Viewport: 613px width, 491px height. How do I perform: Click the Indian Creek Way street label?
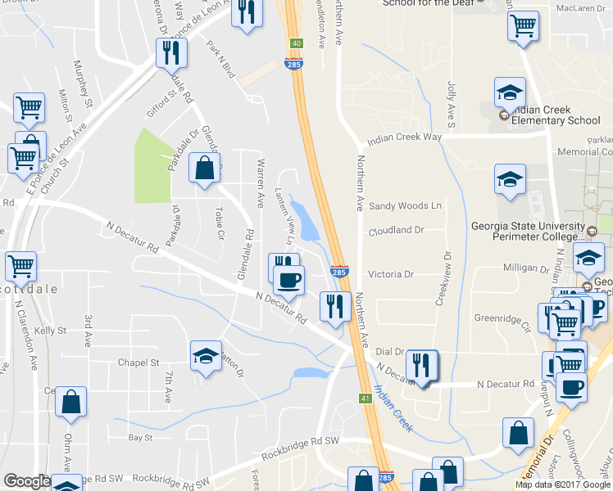404,139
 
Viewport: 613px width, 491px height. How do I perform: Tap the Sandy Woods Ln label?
405,205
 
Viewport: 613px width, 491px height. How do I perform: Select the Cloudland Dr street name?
396,231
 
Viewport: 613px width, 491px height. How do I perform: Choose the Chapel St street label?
138,363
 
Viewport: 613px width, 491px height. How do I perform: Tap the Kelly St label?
50,331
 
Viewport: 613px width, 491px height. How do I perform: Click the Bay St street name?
141,438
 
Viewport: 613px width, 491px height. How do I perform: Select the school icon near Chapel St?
206,356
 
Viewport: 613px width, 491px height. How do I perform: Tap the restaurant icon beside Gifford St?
172,54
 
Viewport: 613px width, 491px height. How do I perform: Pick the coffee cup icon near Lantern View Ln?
288,281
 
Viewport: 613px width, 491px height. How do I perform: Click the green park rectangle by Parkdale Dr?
152,164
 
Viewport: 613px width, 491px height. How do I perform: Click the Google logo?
27,481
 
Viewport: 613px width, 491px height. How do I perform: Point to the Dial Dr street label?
390,350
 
